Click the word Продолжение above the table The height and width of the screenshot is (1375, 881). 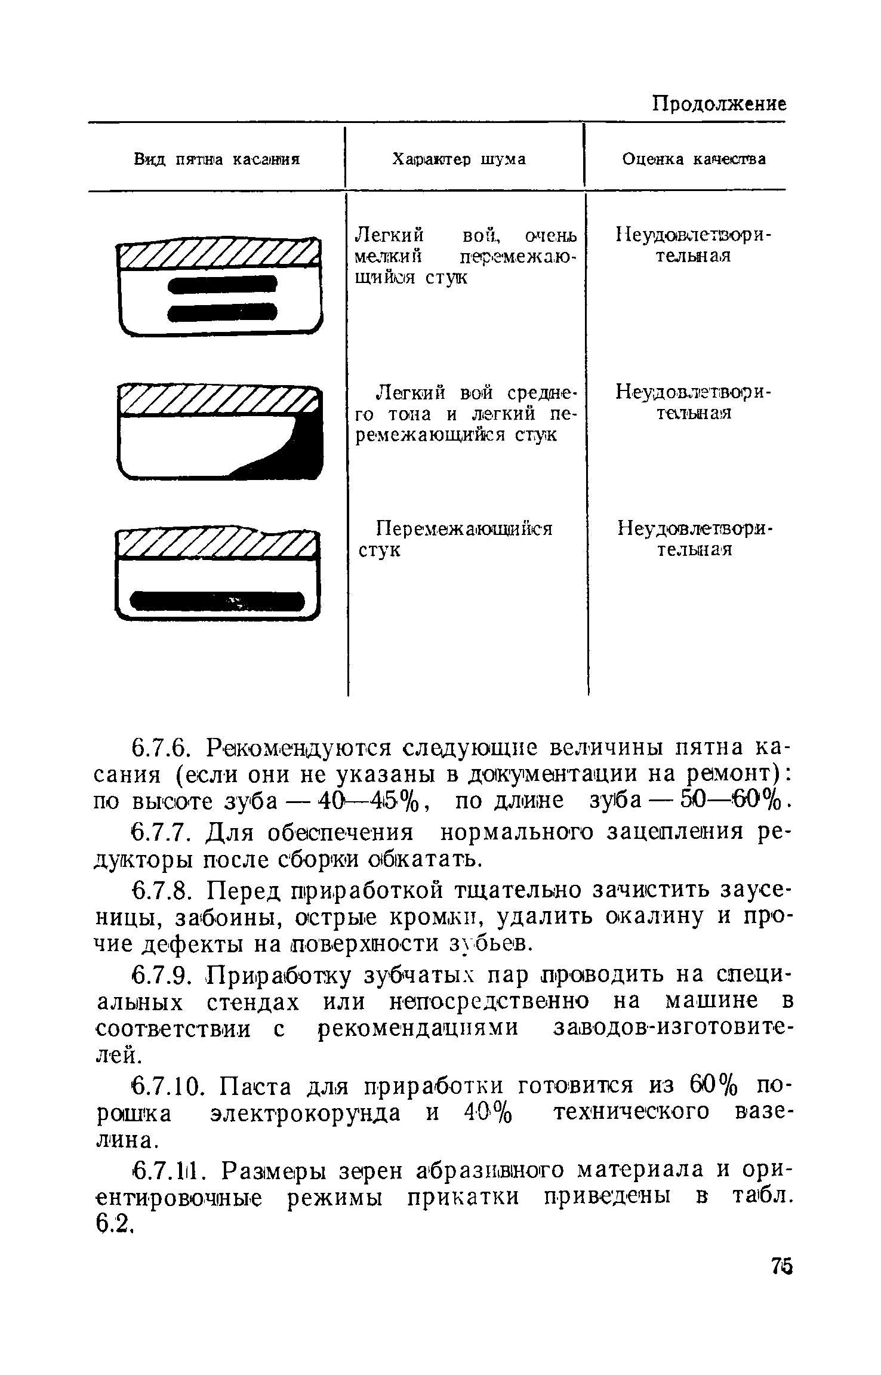pyautogui.click(x=718, y=104)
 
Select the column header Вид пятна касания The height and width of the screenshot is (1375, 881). pyautogui.click(x=216, y=159)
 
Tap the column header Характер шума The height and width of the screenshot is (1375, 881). pyautogui.click(x=458, y=159)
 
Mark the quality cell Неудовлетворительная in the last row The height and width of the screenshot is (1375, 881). pyautogui.click(x=694, y=539)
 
